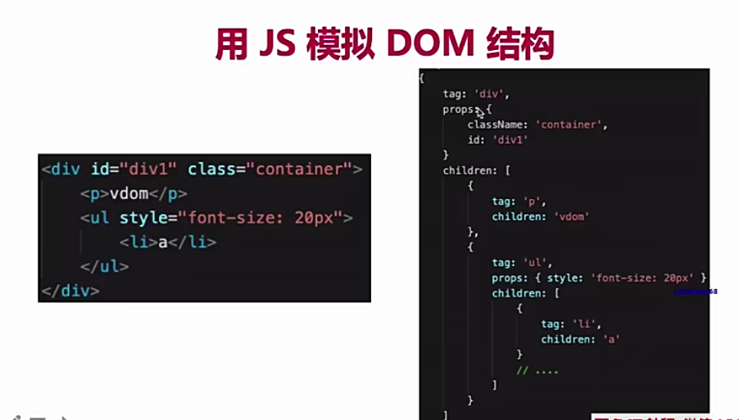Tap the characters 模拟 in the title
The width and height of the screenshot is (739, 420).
click(337, 44)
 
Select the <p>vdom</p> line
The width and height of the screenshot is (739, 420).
click(134, 194)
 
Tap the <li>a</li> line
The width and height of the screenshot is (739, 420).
click(167, 242)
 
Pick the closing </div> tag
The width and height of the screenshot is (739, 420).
click(70, 291)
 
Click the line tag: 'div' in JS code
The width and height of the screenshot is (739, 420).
click(476, 94)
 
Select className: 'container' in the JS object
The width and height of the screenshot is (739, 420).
click(537, 124)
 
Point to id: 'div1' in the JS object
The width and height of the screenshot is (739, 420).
click(497, 139)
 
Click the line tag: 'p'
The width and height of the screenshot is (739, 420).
click(519, 201)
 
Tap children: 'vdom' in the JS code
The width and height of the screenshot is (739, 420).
click(541, 217)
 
